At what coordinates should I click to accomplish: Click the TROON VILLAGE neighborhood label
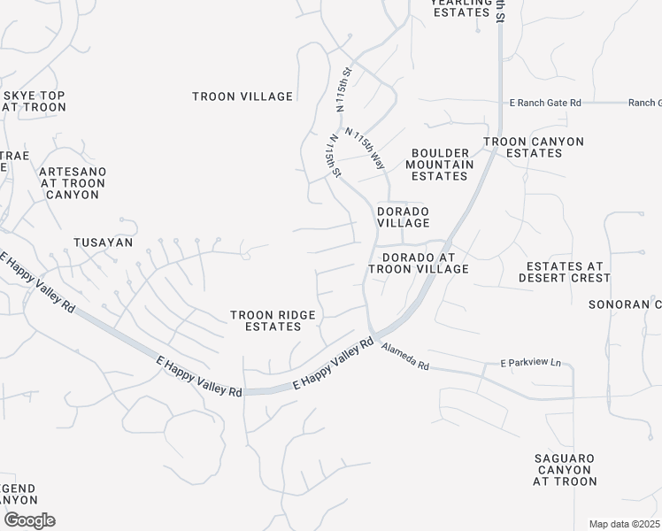[242, 96]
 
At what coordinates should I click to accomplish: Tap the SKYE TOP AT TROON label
[35, 101]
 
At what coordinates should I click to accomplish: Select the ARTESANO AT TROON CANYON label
[73, 182]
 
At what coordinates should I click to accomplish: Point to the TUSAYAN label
[103, 242]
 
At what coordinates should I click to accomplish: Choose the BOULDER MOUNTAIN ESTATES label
[440, 165]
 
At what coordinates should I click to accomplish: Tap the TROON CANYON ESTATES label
[533, 147]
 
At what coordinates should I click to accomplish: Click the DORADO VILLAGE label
[404, 218]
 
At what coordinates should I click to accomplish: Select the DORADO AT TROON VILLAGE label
[418, 263]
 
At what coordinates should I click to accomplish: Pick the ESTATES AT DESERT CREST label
[567, 272]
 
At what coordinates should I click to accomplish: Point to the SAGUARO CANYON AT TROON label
[565, 469]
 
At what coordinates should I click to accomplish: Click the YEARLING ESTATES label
[460, 8]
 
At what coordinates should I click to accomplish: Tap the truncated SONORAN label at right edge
[625, 304]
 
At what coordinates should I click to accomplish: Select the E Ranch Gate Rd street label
[545, 104]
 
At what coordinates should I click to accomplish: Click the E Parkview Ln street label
[531, 363]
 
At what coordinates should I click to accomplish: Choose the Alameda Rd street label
[405, 358]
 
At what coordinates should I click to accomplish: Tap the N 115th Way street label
[366, 149]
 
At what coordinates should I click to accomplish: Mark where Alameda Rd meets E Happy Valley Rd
[375, 337]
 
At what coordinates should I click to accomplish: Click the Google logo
[29, 520]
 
